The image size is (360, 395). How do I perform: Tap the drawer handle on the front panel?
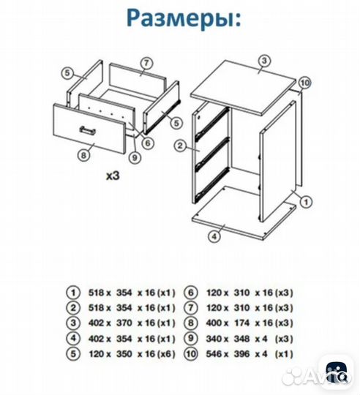click(88, 129)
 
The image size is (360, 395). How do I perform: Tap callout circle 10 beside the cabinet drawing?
click(305, 82)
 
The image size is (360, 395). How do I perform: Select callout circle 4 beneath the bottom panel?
click(214, 236)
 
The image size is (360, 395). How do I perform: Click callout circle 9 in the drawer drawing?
click(135, 155)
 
